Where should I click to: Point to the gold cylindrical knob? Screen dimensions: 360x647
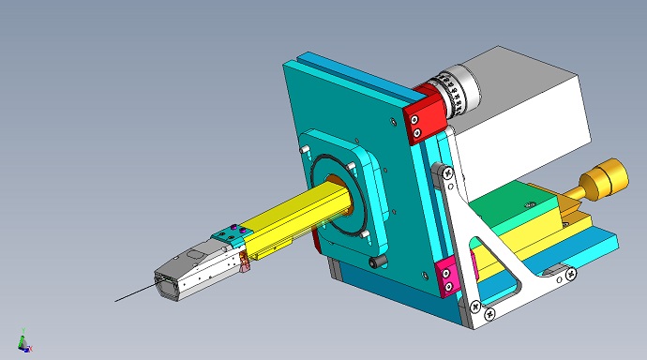(605, 177)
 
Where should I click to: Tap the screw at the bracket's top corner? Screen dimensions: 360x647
(448, 172)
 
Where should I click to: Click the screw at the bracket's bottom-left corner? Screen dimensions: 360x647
(477, 306)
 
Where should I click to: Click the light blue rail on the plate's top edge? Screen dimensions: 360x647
(356, 75)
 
